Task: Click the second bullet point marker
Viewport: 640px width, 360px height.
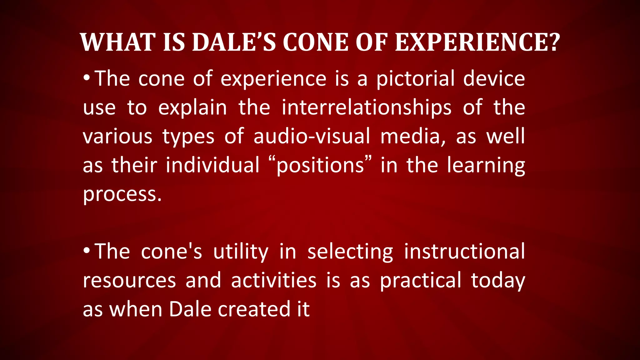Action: point(87,250)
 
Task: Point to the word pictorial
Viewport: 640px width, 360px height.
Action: point(415,79)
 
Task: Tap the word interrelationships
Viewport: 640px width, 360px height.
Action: point(366,107)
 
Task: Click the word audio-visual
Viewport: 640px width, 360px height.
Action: point(312,137)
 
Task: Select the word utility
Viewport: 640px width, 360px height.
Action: point(241,252)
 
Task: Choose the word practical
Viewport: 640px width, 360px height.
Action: point(421,280)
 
